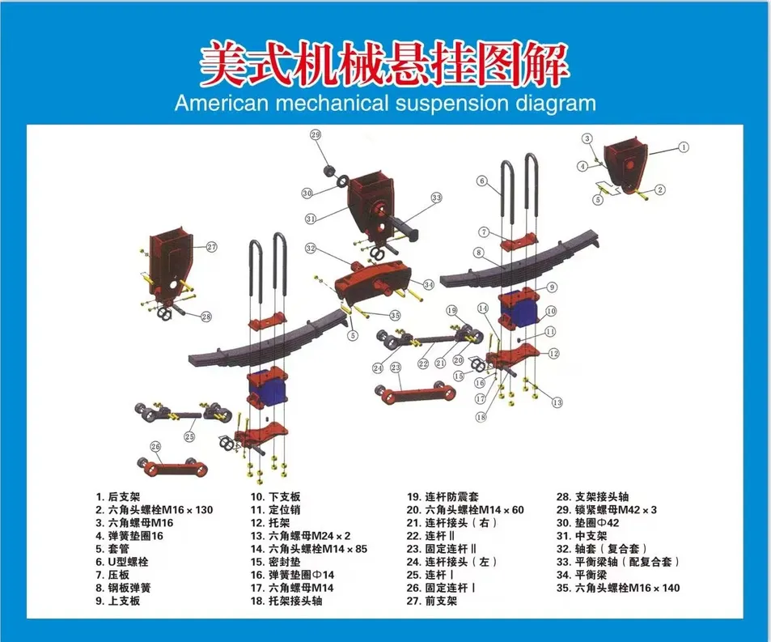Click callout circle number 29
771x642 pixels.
[316, 134]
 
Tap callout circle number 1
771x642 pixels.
[683, 147]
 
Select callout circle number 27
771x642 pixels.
[211, 247]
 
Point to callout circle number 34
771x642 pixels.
[428, 284]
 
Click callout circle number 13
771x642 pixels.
[557, 402]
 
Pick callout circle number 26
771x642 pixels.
[155, 446]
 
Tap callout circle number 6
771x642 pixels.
[482, 181]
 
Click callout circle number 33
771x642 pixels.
[437, 198]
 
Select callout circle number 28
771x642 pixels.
[206, 317]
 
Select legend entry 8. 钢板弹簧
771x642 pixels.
[123, 588]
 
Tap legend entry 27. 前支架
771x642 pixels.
[432, 601]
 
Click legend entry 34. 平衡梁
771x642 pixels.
[582, 575]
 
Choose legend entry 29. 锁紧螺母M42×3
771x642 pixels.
[606, 510]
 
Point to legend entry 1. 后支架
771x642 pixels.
[118, 497]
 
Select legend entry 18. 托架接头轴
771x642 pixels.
[286, 601]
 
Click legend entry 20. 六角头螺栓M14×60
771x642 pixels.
[465, 510]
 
